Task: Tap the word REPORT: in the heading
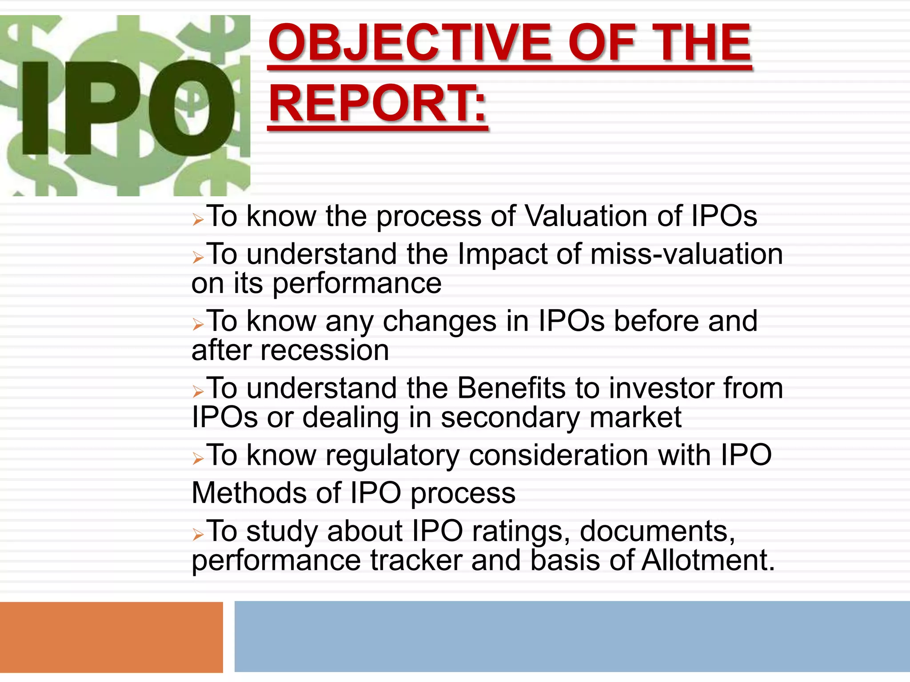[x=378, y=104]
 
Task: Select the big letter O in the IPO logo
[x=191, y=109]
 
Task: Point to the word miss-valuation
[x=686, y=254]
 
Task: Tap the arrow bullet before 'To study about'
[x=198, y=534]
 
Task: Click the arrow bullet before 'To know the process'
[x=198, y=219]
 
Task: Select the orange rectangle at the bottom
[x=111, y=637]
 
